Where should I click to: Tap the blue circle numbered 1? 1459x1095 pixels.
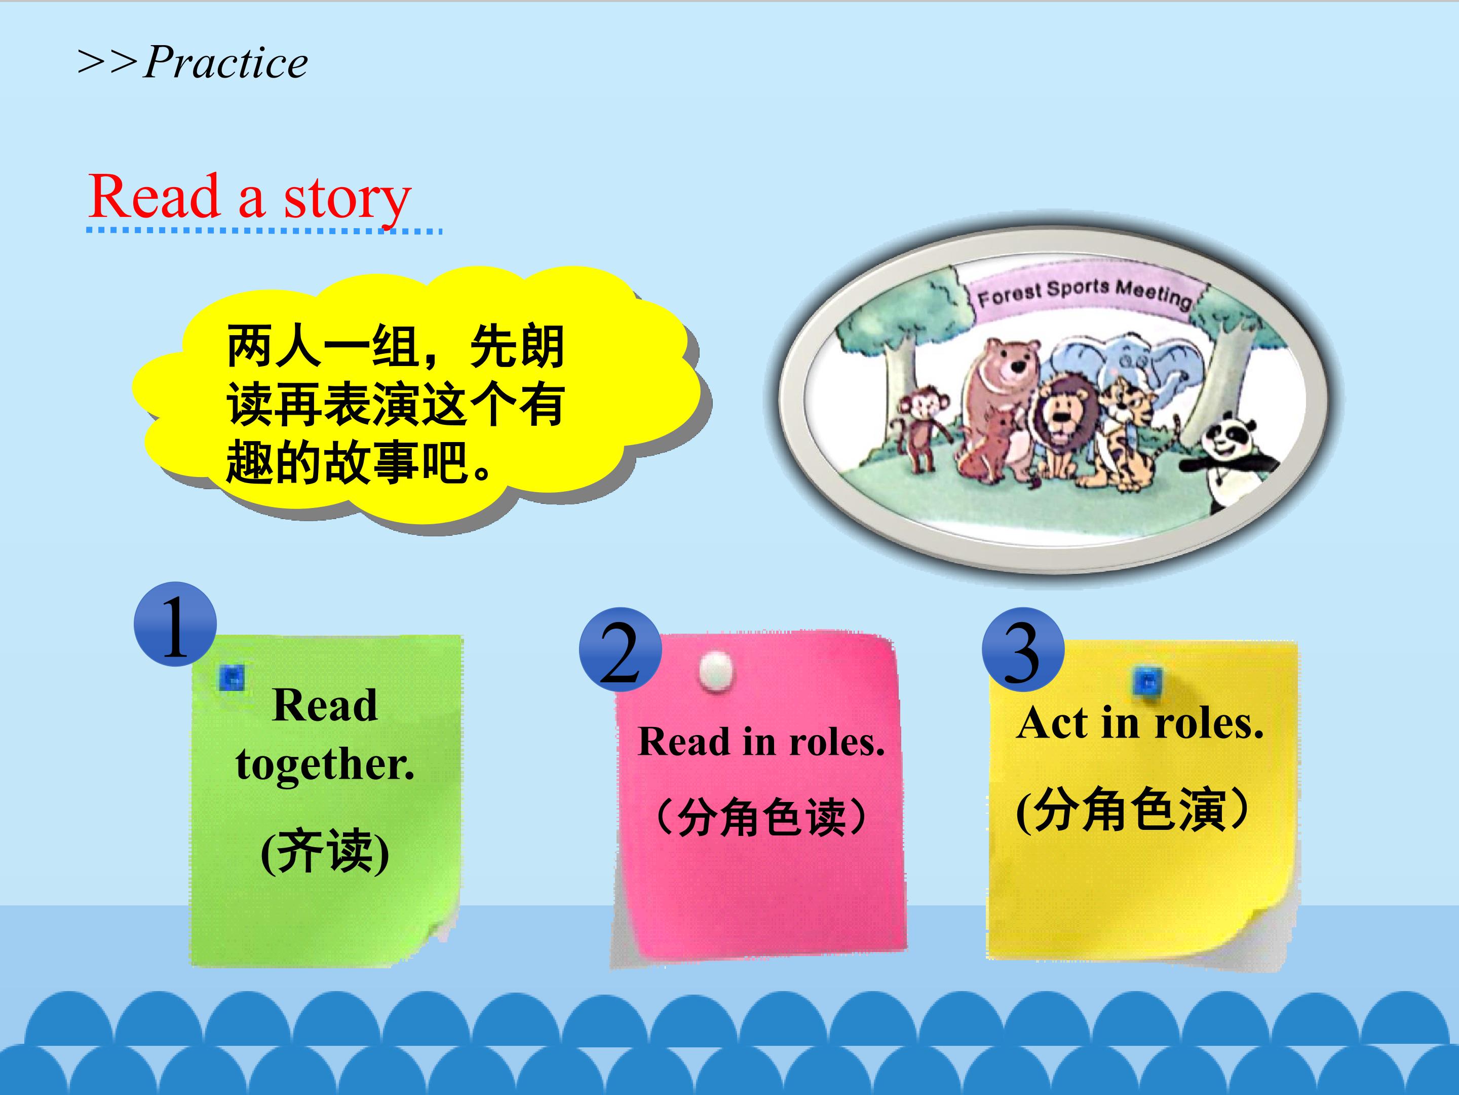[175, 624]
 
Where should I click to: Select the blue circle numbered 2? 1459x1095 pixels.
[621, 649]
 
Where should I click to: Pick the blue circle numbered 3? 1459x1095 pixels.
[1023, 649]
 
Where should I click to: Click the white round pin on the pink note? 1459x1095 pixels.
[716, 671]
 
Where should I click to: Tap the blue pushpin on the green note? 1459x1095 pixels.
[232, 677]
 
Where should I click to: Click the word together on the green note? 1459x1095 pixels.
[325, 765]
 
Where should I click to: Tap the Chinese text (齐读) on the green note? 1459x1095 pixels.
[325, 852]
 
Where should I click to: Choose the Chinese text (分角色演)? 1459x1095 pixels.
[1133, 809]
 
